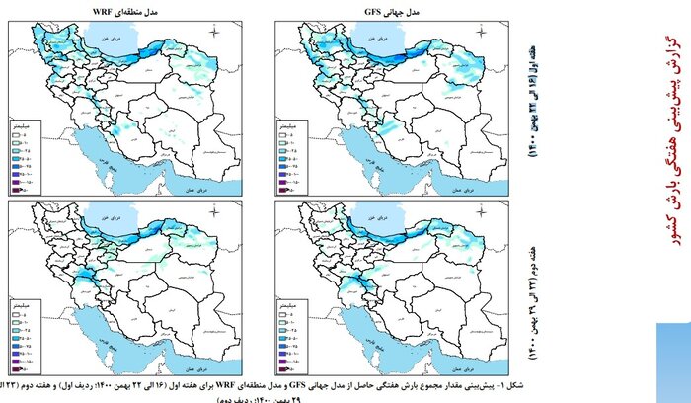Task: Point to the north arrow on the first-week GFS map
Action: (482, 34)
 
